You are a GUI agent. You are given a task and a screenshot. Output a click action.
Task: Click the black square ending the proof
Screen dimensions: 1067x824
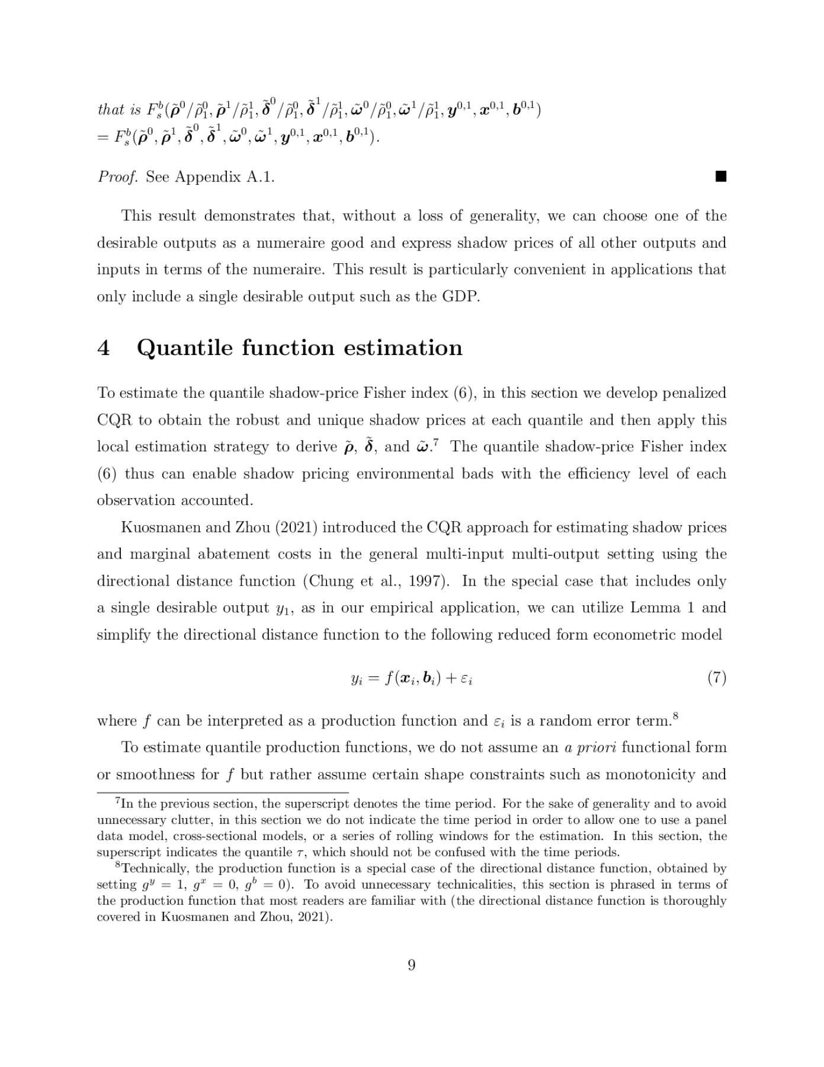click(720, 177)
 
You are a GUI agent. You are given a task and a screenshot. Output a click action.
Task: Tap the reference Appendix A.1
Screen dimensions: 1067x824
click(225, 177)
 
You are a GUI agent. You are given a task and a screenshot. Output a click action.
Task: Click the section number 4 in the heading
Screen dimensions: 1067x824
click(103, 347)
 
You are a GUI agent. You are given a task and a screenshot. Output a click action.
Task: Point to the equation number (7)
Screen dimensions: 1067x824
click(716, 678)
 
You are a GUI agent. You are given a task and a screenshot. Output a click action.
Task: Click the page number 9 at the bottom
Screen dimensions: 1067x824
click(412, 965)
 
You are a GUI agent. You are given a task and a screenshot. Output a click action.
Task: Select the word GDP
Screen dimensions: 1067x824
click(460, 296)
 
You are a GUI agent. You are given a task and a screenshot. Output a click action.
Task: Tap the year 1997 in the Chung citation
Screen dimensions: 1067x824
click(421, 581)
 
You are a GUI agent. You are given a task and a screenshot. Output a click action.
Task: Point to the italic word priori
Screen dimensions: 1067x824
click(594, 747)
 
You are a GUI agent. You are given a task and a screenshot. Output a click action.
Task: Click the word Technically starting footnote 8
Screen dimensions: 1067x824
click(153, 868)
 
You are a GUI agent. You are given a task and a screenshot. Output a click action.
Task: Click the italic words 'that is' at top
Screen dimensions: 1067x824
click(118, 110)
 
